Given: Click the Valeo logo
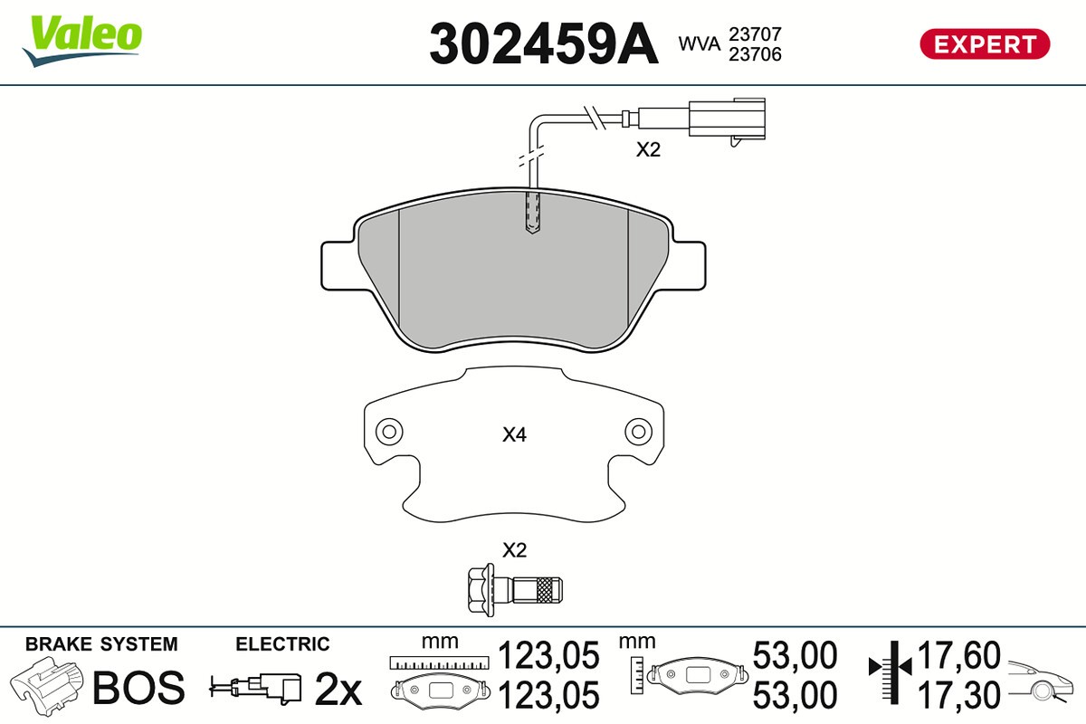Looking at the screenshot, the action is pos(82,40).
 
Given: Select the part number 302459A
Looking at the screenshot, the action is pos(544,43).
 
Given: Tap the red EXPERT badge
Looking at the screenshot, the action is pos(986,44).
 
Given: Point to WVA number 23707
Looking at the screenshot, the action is pos(755,34).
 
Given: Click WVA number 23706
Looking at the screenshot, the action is pos(755,54).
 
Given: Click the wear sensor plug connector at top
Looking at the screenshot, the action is pos(727,119).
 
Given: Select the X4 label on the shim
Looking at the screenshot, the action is pos(514,434).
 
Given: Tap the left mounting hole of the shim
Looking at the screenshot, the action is pos(389,432).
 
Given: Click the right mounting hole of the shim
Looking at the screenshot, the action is pos(639,432).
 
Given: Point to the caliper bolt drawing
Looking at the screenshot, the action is pos(515,590).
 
